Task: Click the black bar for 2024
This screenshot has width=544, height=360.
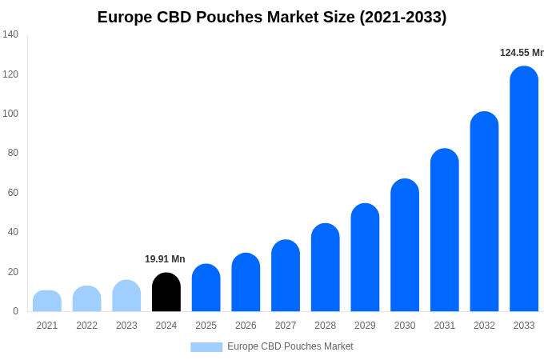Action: point(166,293)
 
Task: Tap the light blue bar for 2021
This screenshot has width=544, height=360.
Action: point(47,302)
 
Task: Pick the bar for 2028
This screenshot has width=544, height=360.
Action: point(326,268)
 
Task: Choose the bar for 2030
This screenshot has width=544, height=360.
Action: point(405,246)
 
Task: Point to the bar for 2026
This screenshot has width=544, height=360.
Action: point(246,283)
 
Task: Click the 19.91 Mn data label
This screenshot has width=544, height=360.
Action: point(165,259)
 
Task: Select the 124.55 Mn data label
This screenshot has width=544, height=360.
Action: point(522,53)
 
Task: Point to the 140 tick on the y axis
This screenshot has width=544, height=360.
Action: point(10,34)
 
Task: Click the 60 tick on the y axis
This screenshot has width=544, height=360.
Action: point(13,193)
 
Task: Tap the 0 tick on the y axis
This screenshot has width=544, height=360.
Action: point(15,311)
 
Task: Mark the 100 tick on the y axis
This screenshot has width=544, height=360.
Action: point(10,114)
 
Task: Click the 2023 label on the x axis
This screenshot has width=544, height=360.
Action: point(126,326)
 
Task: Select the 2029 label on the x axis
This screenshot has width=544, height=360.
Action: point(365,326)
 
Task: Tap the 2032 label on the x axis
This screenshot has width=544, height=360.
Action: point(484,326)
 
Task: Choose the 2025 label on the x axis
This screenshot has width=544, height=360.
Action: point(206,326)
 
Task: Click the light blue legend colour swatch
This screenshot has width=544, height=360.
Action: point(206,347)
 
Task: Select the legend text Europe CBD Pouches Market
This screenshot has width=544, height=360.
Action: point(290,346)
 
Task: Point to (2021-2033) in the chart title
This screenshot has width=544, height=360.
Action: point(402,17)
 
